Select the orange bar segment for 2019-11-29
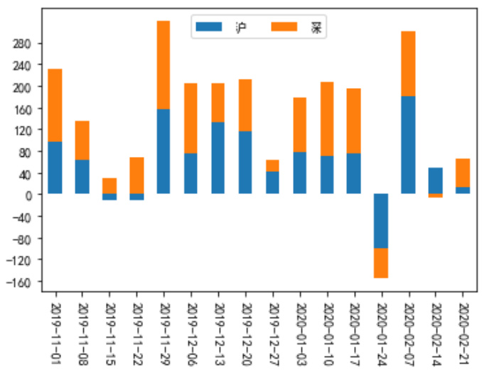click(164, 65)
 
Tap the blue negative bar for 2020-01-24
click(381, 221)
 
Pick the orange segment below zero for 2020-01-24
click(381, 263)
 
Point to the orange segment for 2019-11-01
click(55, 105)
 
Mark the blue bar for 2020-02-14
click(435, 180)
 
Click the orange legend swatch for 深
click(284, 26)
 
